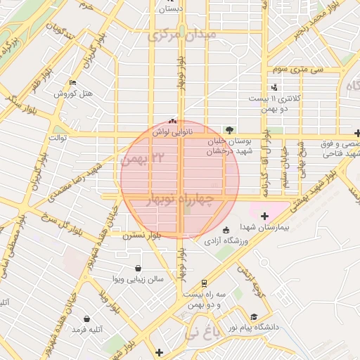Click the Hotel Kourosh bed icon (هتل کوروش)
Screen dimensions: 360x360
coord(72,82)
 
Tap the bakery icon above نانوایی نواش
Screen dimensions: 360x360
coord(173,120)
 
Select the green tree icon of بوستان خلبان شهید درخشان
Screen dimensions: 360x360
coord(229,129)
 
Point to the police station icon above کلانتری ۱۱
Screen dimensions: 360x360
coord(274,87)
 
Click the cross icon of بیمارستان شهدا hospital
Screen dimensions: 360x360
coord(264,216)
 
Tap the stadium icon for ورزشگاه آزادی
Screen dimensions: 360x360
coord(225,231)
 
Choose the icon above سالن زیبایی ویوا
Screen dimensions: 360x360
coord(137,268)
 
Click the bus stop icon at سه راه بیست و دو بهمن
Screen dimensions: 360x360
coord(203,283)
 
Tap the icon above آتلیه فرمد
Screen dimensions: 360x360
coord(86,318)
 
